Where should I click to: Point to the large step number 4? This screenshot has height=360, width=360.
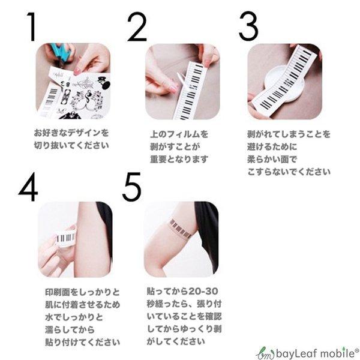pos(28,188)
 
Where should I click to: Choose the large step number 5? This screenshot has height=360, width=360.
pos(131,188)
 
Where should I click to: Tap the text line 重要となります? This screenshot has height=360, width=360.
pos(179,159)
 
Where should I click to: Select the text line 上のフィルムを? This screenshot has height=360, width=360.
pos(179,134)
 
